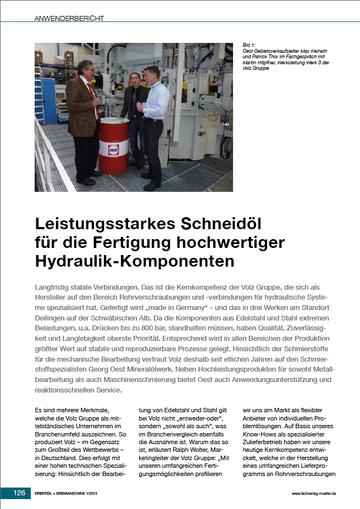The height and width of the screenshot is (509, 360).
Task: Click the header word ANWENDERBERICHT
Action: (x=69, y=18)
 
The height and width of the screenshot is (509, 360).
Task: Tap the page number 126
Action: (x=20, y=493)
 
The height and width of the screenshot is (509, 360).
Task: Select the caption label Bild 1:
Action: (x=250, y=44)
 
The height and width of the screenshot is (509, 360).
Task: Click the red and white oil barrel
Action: (x=114, y=145)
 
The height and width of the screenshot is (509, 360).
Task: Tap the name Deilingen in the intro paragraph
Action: (x=54, y=318)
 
